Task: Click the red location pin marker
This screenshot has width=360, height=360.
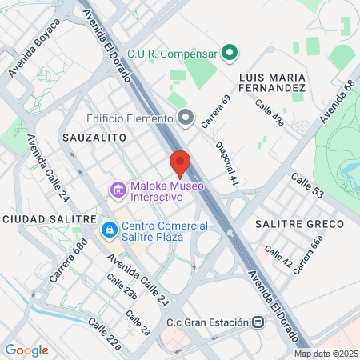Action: [x=180, y=163]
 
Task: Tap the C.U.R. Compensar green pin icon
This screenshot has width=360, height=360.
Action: [x=230, y=54]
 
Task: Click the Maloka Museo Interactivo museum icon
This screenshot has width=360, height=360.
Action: [x=118, y=190]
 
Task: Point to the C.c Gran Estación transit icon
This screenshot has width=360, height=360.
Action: [x=258, y=322]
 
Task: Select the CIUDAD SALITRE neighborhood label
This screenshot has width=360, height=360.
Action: [x=50, y=218]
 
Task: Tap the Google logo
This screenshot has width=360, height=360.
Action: [x=26, y=350]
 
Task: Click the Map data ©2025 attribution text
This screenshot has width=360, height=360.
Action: [x=326, y=354]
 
